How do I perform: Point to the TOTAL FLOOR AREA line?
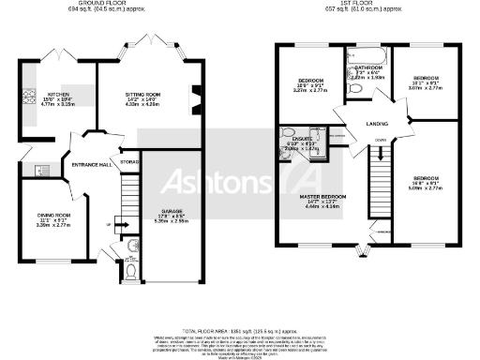click(240, 331)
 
